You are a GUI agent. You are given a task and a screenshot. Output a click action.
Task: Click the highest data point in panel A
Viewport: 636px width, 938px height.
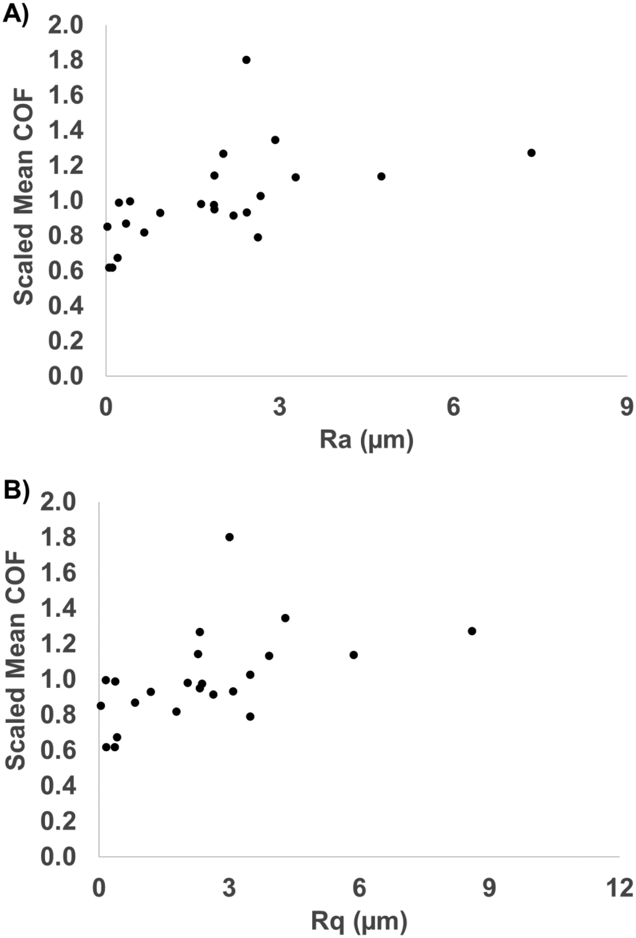point(246,60)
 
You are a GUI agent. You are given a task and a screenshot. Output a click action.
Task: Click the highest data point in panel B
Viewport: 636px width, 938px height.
point(230,537)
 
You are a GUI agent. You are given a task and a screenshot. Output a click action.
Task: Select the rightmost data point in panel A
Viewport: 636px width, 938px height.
point(531,153)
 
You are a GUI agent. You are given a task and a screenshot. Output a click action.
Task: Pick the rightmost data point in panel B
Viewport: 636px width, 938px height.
point(472,631)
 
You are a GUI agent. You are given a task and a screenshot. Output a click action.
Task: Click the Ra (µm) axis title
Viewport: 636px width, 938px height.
point(366,440)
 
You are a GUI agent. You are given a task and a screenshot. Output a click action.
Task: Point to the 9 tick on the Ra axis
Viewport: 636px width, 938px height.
point(627,407)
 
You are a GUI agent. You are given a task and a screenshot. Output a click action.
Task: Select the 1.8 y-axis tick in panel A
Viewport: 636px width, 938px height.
point(66,60)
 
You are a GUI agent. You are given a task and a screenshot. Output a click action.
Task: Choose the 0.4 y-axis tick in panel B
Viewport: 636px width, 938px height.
point(58,786)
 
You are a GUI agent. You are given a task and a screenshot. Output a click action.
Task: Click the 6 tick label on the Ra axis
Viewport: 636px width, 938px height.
point(453,407)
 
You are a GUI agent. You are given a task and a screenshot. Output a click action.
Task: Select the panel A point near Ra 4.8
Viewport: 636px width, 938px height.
point(382,176)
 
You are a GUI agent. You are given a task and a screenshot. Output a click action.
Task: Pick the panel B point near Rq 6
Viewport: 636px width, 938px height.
point(354,655)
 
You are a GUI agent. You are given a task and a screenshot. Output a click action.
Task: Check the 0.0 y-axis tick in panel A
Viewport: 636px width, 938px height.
point(66,376)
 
